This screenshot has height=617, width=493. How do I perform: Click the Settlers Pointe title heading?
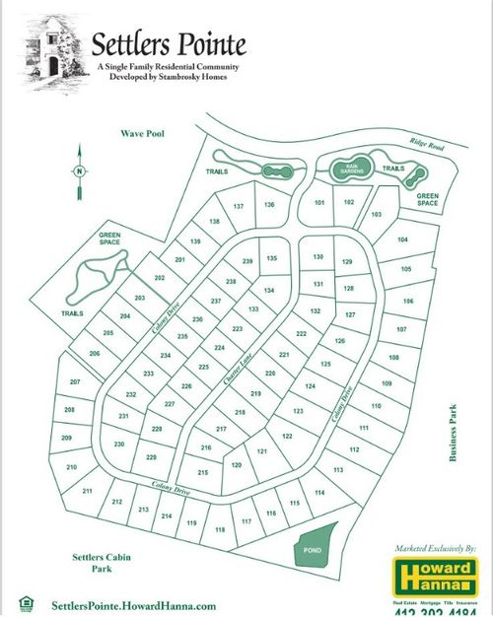[x=169, y=44]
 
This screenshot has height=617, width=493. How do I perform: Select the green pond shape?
[x=317, y=544]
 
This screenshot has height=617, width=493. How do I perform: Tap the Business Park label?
[x=455, y=433]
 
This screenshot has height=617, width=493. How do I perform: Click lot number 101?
[x=318, y=202]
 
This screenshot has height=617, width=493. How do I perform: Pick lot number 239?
[x=247, y=260]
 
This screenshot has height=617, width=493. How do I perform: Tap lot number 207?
[x=74, y=382]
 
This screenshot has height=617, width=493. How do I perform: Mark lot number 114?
[x=318, y=492]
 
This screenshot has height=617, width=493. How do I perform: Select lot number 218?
[x=239, y=412]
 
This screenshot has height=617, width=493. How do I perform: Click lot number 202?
[x=159, y=279]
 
